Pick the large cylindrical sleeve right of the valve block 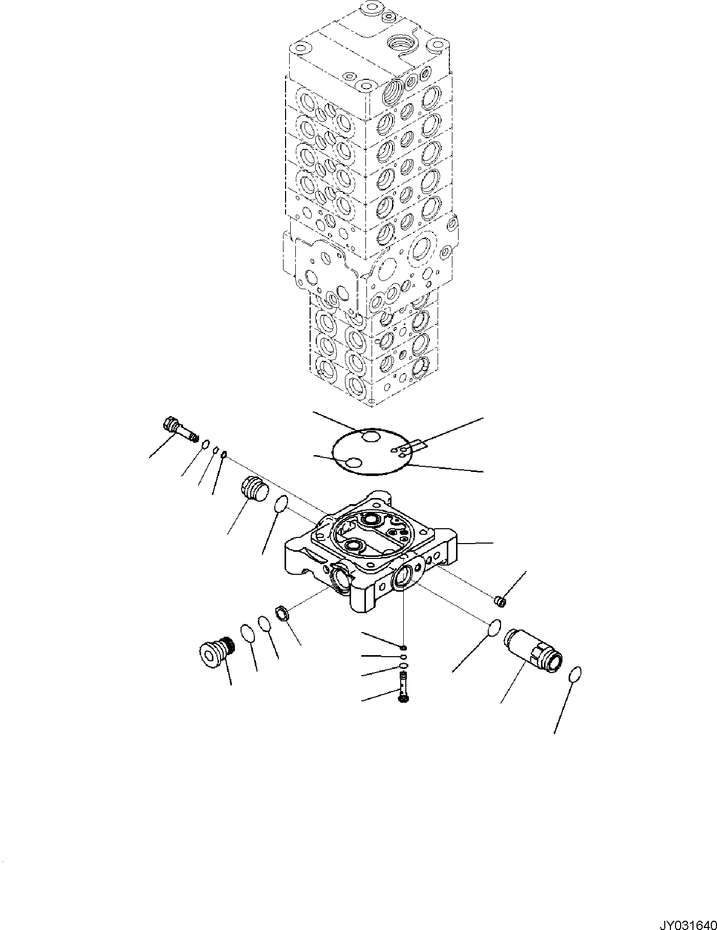(532, 651)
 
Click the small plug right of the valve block (501, 600)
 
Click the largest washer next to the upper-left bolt (206, 444)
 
